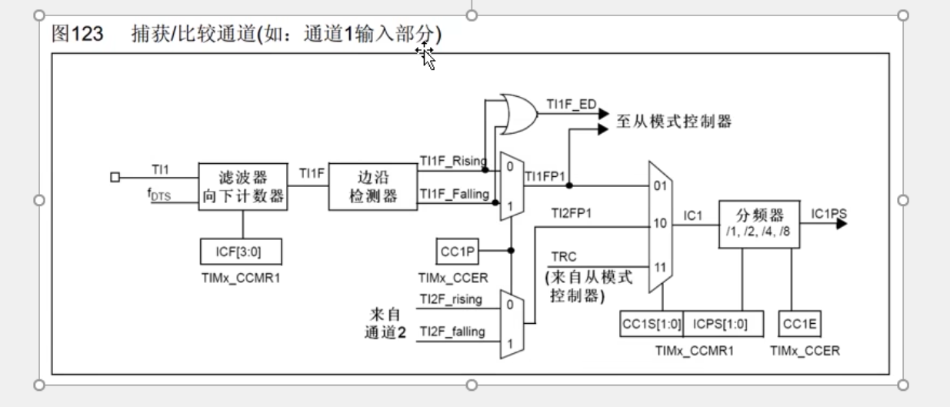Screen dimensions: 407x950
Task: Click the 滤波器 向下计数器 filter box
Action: coord(243,187)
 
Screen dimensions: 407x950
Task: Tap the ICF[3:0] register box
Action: coord(243,252)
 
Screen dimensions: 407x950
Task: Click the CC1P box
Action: coord(458,250)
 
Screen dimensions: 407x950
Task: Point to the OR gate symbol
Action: coord(517,113)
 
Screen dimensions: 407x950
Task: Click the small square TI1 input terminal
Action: coord(115,178)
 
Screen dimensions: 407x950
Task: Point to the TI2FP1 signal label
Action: coord(571,213)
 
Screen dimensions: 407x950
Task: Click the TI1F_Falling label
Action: coord(454,195)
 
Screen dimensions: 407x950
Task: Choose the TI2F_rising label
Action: coord(452,299)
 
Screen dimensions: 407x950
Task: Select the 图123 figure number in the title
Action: coord(72,35)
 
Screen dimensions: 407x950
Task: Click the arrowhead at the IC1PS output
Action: coord(842,224)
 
